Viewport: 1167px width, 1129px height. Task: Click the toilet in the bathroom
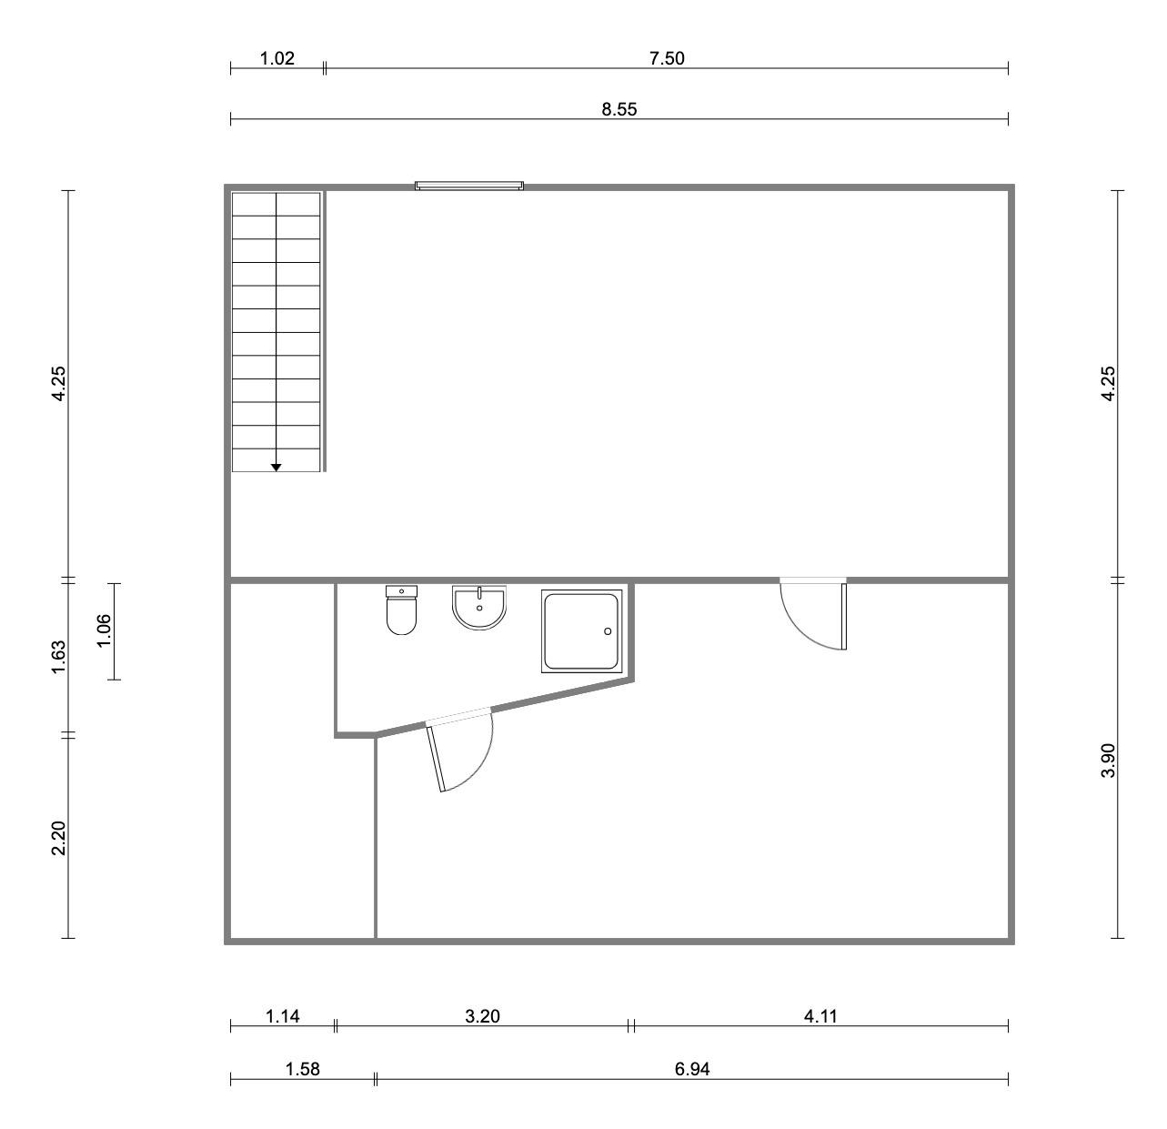pos(401,610)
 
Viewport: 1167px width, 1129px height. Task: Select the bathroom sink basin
pos(479,607)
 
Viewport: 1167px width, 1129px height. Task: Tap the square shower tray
pos(582,631)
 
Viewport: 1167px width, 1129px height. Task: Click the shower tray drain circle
pos(608,631)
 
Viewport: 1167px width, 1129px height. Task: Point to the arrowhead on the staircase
pos(276,468)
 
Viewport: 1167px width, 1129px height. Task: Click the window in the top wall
pos(469,186)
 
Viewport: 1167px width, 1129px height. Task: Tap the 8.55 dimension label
pos(619,109)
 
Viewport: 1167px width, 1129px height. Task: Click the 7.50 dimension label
pos(667,58)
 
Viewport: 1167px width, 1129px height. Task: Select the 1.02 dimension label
pos(277,58)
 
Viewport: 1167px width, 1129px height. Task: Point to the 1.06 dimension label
pos(104,631)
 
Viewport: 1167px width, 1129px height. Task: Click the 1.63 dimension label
pos(58,658)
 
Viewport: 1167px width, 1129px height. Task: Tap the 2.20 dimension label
pos(58,838)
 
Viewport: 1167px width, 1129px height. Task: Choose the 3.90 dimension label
pos(1108,760)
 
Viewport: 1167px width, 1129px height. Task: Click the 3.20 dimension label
pos(482,1016)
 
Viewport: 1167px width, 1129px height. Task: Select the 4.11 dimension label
pos(820,1016)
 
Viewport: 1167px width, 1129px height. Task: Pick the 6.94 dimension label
pos(692,1069)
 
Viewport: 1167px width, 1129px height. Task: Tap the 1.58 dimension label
pos(303,1069)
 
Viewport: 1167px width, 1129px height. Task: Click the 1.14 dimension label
pos(283,1016)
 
